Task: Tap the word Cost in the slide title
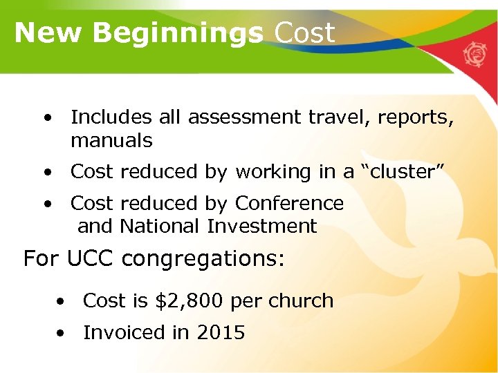(305, 32)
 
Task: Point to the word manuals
(111, 141)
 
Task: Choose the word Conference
(289, 203)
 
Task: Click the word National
(160, 226)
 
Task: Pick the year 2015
(221, 332)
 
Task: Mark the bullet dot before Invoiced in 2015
(62, 333)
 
